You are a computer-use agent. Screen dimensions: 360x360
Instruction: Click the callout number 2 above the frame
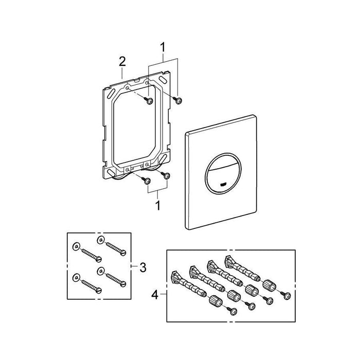click(122, 62)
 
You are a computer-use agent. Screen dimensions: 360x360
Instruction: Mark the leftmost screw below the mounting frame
click(147, 179)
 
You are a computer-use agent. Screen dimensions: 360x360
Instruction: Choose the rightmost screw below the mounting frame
click(167, 176)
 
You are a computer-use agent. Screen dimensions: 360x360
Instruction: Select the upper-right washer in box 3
click(100, 239)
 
